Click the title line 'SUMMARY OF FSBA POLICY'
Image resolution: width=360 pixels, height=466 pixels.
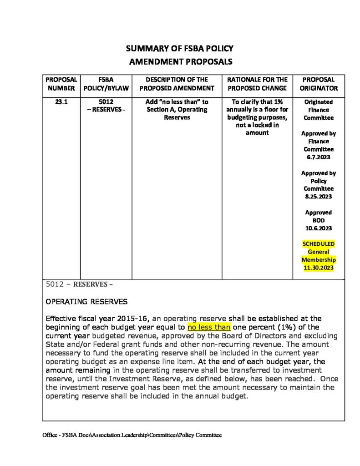[x=179, y=49]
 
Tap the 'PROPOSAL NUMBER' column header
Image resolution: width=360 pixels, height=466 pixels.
[x=61, y=84]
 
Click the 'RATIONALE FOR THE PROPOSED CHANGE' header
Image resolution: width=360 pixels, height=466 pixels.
[x=257, y=84]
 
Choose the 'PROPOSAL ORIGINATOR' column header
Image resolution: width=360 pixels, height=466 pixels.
[x=319, y=84]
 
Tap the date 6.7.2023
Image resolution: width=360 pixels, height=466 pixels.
[x=319, y=157]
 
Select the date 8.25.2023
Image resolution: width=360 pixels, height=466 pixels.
[x=319, y=197]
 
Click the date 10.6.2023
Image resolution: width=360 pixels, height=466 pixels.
[x=319, y=228]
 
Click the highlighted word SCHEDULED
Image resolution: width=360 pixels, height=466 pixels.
[x=319, y=244]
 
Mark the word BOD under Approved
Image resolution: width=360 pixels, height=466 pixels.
[x=319, y=220]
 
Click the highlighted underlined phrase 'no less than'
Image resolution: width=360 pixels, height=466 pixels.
[x=209, y=327]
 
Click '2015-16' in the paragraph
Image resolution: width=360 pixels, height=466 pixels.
[x=134, y=319]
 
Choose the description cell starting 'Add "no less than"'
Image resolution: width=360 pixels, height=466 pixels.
[x=177, y=110]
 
